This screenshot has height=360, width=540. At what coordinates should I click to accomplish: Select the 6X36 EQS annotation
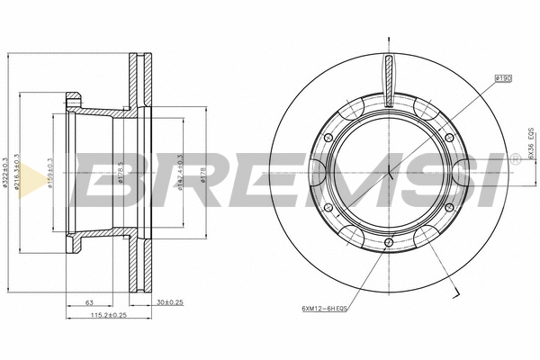[x=531, y=141]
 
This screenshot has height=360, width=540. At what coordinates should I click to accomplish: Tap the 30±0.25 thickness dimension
[x=169, y=302]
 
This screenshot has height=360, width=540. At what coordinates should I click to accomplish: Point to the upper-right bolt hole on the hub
[x=449, y=137]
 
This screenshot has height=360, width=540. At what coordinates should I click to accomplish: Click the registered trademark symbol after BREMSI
[x=516, y=158]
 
